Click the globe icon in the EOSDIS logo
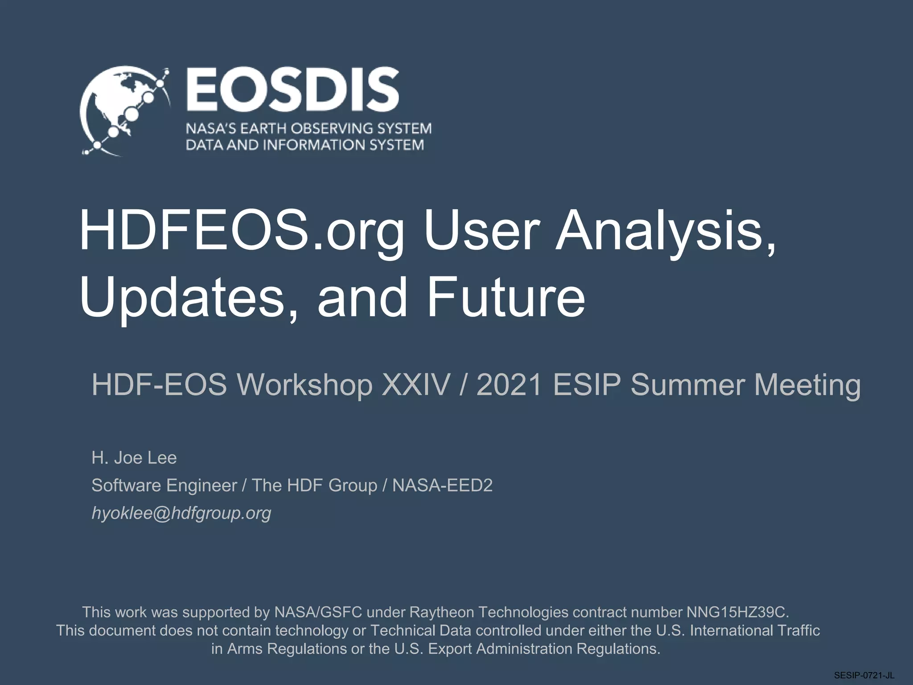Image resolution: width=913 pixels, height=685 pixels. click(x=125, y=111)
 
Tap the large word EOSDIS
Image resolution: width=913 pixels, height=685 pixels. click(x=292, y=90)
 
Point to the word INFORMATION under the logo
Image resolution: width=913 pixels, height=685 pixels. click(x=308, y=145)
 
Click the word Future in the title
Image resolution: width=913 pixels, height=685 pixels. click(x=506, y=297)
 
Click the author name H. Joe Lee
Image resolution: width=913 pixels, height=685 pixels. click(x=134, y=458)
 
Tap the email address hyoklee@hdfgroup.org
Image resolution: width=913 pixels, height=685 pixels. click(x=181, y=513)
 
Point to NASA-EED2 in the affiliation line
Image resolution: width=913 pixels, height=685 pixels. click(x=442, y=485)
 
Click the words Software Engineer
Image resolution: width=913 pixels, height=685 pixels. click(x=164, y=485)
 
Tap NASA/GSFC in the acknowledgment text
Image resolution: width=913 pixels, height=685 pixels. click(x=318, y=612)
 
